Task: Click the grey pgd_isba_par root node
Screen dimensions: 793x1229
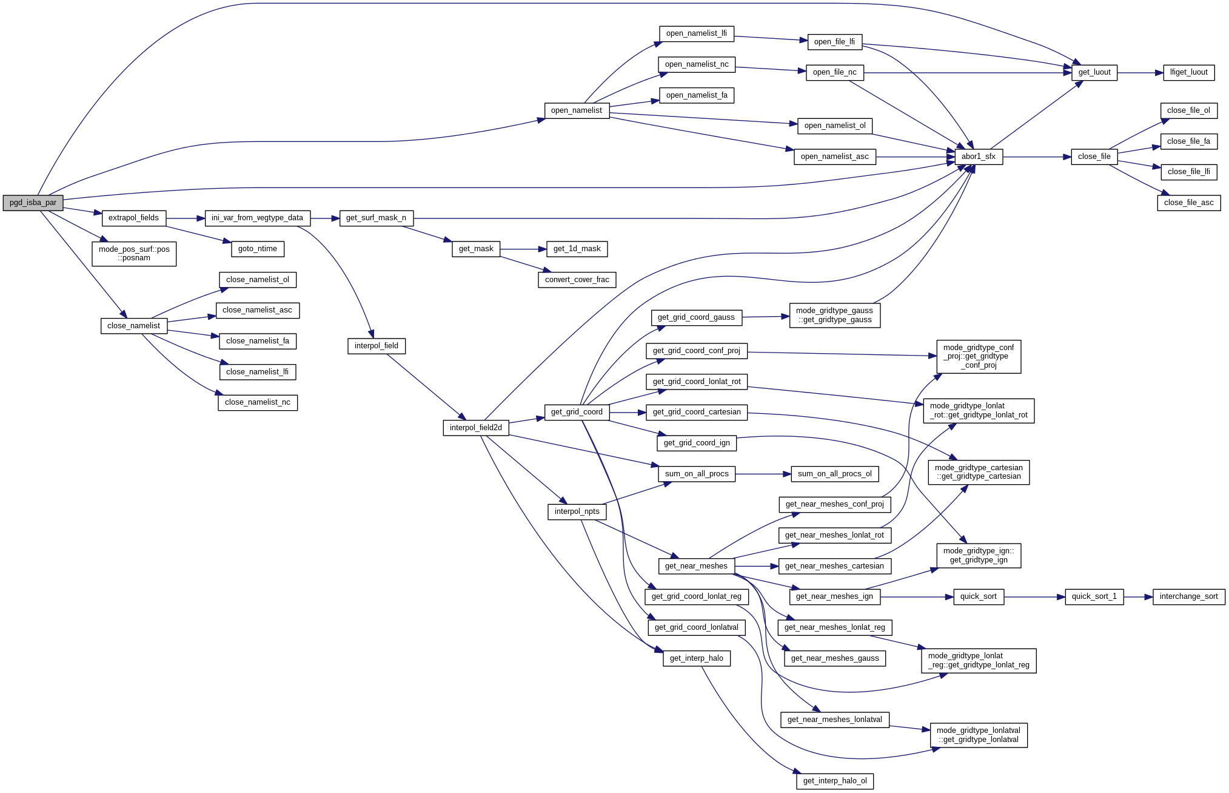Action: click(x=33, y=203)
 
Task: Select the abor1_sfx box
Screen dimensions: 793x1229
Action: click(x=978, y=157)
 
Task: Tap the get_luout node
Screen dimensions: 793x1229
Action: click(x=1094, y=72)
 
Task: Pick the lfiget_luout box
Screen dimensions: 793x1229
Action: click(x=1188, y=72)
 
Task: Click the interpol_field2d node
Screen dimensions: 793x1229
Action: click(x=475, y=428)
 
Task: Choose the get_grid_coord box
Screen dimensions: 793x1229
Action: click(x=576, y=412)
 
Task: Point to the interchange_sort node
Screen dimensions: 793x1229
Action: click(x=1188, y=596)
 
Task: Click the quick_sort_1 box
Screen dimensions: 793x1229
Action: click(x=1094, y=596)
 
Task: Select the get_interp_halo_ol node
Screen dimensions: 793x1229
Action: click(x=834, y=781)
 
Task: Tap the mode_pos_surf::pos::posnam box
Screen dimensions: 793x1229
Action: click(x=134, y=254)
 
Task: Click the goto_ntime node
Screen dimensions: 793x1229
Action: click(x=257, y=249)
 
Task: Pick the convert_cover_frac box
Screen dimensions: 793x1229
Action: click(x=577, y=280)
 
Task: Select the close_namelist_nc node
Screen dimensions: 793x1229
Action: click(x=257, y=402)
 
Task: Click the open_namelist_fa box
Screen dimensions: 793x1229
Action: click(x=696, y=95)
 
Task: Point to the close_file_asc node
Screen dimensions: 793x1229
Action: click(x=1188, y=203)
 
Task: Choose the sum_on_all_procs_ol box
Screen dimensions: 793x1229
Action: click(x=834, y=474)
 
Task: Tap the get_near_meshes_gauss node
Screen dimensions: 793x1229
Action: click(x=834, y=658)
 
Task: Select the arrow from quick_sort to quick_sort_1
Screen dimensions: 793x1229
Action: click(x=1034, y=597)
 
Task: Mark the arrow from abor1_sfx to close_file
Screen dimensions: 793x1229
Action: click(x=1037, y=157)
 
